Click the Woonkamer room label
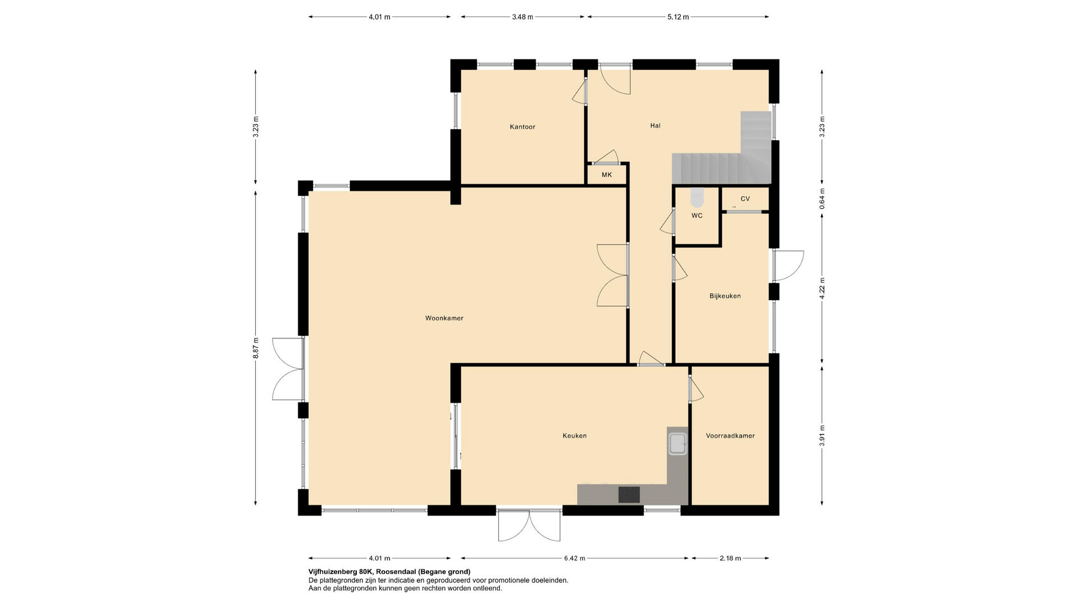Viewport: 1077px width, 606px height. (x=444, y=318)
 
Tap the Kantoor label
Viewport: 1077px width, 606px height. (x=522, y=127)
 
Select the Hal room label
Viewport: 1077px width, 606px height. (x=655, y=126)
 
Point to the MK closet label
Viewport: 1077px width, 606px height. (x=606, y=175)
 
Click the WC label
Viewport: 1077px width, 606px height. (x=697, y=215)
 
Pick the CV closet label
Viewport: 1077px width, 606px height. (x=745, y=199)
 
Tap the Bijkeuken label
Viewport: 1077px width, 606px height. (x=725, y=296)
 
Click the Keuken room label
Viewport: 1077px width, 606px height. (x=574, y=435)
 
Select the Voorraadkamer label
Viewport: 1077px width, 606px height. (x=730, y=435)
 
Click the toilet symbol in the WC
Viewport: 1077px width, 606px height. (x=697, y=198)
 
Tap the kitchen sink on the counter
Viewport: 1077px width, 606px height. (x=678, y=443)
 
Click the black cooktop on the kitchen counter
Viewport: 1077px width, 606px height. (x=629, y=494)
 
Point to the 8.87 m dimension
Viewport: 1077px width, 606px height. (x=256, y=348)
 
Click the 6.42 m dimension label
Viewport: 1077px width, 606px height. (x=574, y=558)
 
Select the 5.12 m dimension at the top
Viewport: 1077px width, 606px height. (x=678, y=17)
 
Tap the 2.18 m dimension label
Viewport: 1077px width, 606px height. (x=730, y=558)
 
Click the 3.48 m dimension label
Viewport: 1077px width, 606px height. (x=522, y=17)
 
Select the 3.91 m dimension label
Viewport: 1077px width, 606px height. (x=822, y=435)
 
